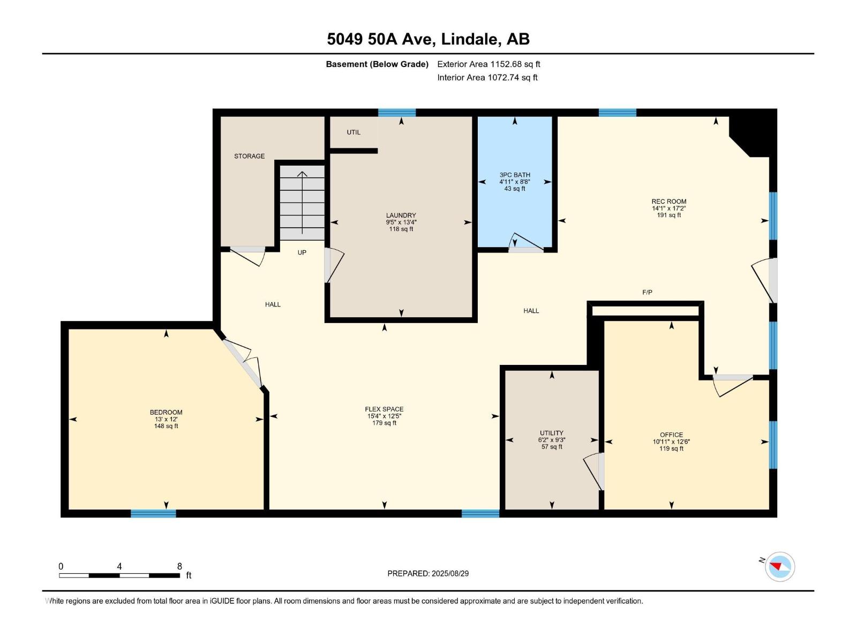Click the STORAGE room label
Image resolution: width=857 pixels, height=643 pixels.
[x=249, y=156]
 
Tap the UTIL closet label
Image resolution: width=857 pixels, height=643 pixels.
[x=354, y=132]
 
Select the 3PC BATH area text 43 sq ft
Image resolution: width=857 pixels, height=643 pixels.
[x=515, y=189]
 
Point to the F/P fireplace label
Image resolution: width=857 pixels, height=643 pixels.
[x=647, y=292]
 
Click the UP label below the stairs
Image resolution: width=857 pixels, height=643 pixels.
[x=302, y=252]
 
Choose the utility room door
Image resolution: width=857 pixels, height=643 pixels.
[x=594, y=471]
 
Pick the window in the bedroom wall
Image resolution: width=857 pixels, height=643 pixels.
[x=153, y=513]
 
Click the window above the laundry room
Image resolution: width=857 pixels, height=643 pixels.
[x=397, y=113]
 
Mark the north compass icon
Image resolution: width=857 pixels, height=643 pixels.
[x=779, y=567]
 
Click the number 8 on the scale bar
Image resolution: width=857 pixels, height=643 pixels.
[x=179, y=566]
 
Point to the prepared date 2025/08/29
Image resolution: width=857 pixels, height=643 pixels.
[x=450, y=573]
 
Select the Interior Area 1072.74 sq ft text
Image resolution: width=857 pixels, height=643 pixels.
[x=487, y=77]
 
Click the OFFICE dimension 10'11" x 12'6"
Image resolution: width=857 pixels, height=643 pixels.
[x=671, y=442]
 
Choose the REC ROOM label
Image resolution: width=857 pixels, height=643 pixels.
[x=669, y=201]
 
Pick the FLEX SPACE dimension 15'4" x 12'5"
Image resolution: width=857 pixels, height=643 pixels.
[x=384, y=416]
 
